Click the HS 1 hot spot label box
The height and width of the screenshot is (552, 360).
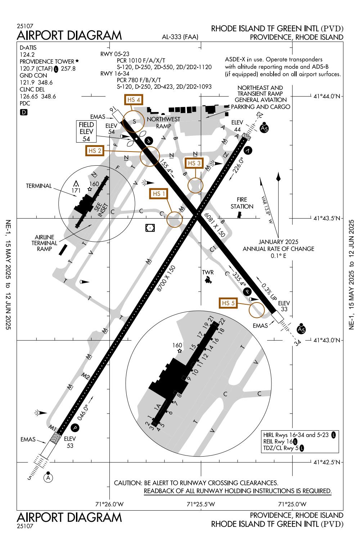coord(159,194)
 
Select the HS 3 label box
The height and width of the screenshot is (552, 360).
coord(194,163)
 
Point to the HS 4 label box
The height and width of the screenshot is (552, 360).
coord(133,99)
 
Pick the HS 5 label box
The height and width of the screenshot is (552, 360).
coord(229,303)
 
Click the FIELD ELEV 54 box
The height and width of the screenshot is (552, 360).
coord(86,131)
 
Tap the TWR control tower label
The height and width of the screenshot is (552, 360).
coord(208,273)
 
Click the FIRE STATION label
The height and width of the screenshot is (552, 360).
coord(242,203)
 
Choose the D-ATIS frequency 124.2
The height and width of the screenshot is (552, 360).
coord(27,54)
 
